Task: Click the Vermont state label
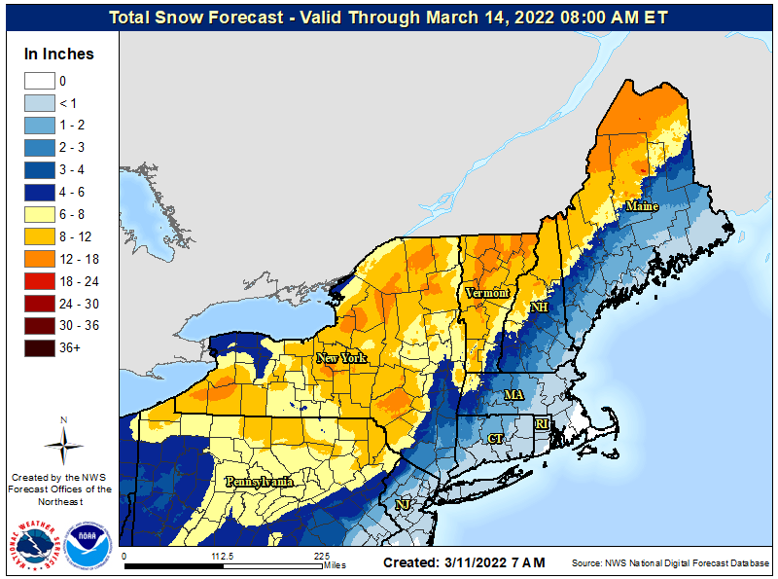(x=486, y=293)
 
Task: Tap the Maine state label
(x=641, y=206)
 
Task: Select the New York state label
(x=341, y=358)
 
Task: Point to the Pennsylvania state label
(x=259, y=482)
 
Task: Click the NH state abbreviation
(x=538, y=308)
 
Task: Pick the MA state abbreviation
(x=513, y=394)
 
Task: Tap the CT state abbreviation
(x=495, y=439)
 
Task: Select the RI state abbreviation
(x=543, y=424)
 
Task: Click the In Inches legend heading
(x=59, y=54)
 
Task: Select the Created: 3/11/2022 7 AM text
(x=464, y=562)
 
